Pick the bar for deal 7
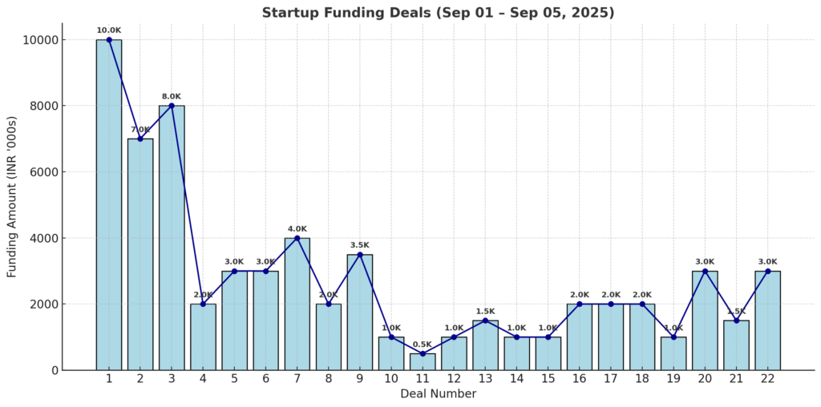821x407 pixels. point(297,304)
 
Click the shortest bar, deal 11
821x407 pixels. point(423,362)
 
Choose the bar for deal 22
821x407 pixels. point(767,320)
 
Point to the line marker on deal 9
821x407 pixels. point(360,255)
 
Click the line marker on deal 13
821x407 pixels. point(485,320)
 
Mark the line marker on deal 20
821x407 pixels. point(705,271)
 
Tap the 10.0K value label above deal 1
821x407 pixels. point(109,30)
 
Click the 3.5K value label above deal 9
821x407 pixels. point(360,245)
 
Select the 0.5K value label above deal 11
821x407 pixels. point(423,345)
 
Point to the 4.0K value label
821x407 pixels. point(297,229)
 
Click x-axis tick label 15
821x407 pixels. point(548,379)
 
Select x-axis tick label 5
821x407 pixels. point(234,379)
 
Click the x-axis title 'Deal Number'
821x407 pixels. point(438,394)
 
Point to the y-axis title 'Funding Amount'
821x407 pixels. point(12,205)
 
